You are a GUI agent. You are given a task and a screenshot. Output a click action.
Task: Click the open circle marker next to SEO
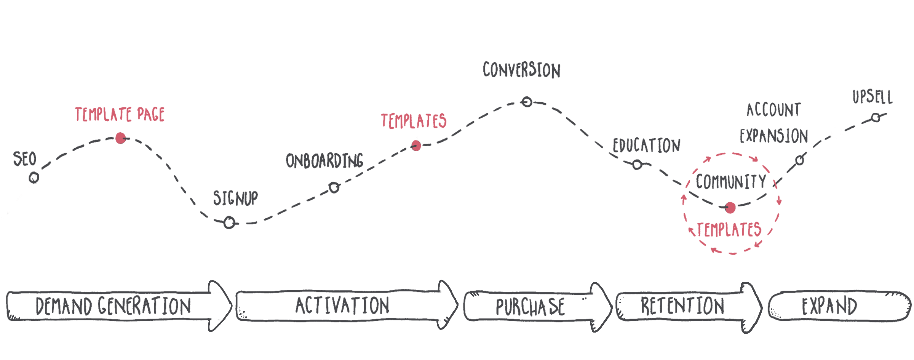click(34, 178)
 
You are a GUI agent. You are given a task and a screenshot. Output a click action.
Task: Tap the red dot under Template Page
click(121, 138)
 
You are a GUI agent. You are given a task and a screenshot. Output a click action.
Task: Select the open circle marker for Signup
click(229, 222)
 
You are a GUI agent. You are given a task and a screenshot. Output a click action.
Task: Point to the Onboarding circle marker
click(334, 188)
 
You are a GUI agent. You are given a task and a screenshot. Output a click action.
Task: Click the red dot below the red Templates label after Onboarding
click(416, 146)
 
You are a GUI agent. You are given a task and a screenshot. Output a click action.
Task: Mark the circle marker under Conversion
click(527, 102)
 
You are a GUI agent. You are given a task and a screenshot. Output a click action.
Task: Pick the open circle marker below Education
click(637, 165)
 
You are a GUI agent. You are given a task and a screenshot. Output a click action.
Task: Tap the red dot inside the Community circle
click(730, 208)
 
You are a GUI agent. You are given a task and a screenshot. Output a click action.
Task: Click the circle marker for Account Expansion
click(800, 160)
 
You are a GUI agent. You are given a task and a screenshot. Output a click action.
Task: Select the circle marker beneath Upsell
click(876, 118)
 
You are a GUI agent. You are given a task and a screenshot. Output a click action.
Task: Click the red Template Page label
click(120, 115)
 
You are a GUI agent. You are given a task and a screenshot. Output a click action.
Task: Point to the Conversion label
click(522, 70)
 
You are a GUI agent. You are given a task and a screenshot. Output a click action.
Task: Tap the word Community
click(731, 182)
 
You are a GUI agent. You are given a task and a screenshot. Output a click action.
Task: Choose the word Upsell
click(872, 97)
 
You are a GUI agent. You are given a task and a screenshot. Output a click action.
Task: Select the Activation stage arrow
click(343, 306)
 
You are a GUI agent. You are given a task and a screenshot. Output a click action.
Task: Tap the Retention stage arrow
click(683, 306)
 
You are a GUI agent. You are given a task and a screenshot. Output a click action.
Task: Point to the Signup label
click(235, 198)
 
